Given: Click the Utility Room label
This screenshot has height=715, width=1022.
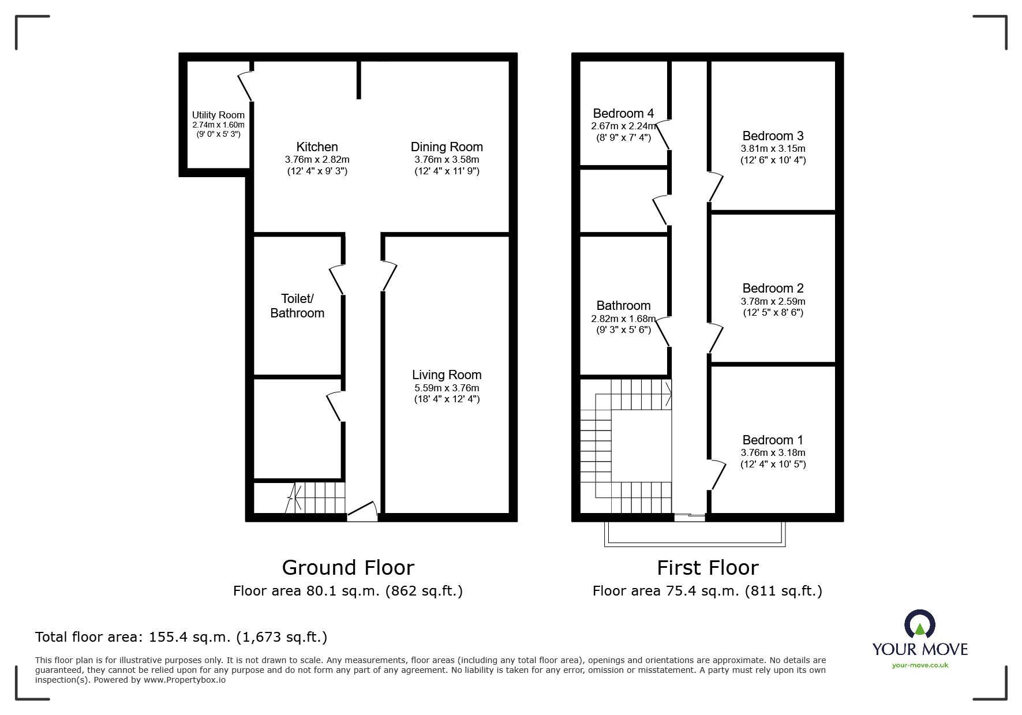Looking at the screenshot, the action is pos(218,115).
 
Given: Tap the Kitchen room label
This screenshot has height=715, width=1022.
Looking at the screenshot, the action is pos(317,147).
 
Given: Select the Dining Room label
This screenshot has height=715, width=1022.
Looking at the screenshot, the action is pos(447,147).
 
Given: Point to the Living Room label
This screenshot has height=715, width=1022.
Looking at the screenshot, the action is pos(447,375).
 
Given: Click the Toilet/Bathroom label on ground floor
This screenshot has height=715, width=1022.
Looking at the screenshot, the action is pos(297,306).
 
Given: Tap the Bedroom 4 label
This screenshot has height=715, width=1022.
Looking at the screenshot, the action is pos(623,113).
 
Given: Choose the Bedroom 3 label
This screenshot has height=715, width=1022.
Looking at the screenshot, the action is pos(773,136).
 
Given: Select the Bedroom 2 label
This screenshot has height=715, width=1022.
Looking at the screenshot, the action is pos(773,288).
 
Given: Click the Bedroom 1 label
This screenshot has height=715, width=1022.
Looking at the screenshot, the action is pos(773,440).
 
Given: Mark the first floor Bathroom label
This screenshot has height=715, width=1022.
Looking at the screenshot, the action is pos(623,305).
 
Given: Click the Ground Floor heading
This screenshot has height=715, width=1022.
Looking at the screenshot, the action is pos(348,568).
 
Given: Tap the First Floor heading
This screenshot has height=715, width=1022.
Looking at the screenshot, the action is pos(707,568).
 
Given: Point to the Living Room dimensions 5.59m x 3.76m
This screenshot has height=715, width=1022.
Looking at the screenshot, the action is pos(447,388).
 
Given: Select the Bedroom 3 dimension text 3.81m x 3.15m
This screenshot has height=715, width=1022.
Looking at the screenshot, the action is pos(773,148).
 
